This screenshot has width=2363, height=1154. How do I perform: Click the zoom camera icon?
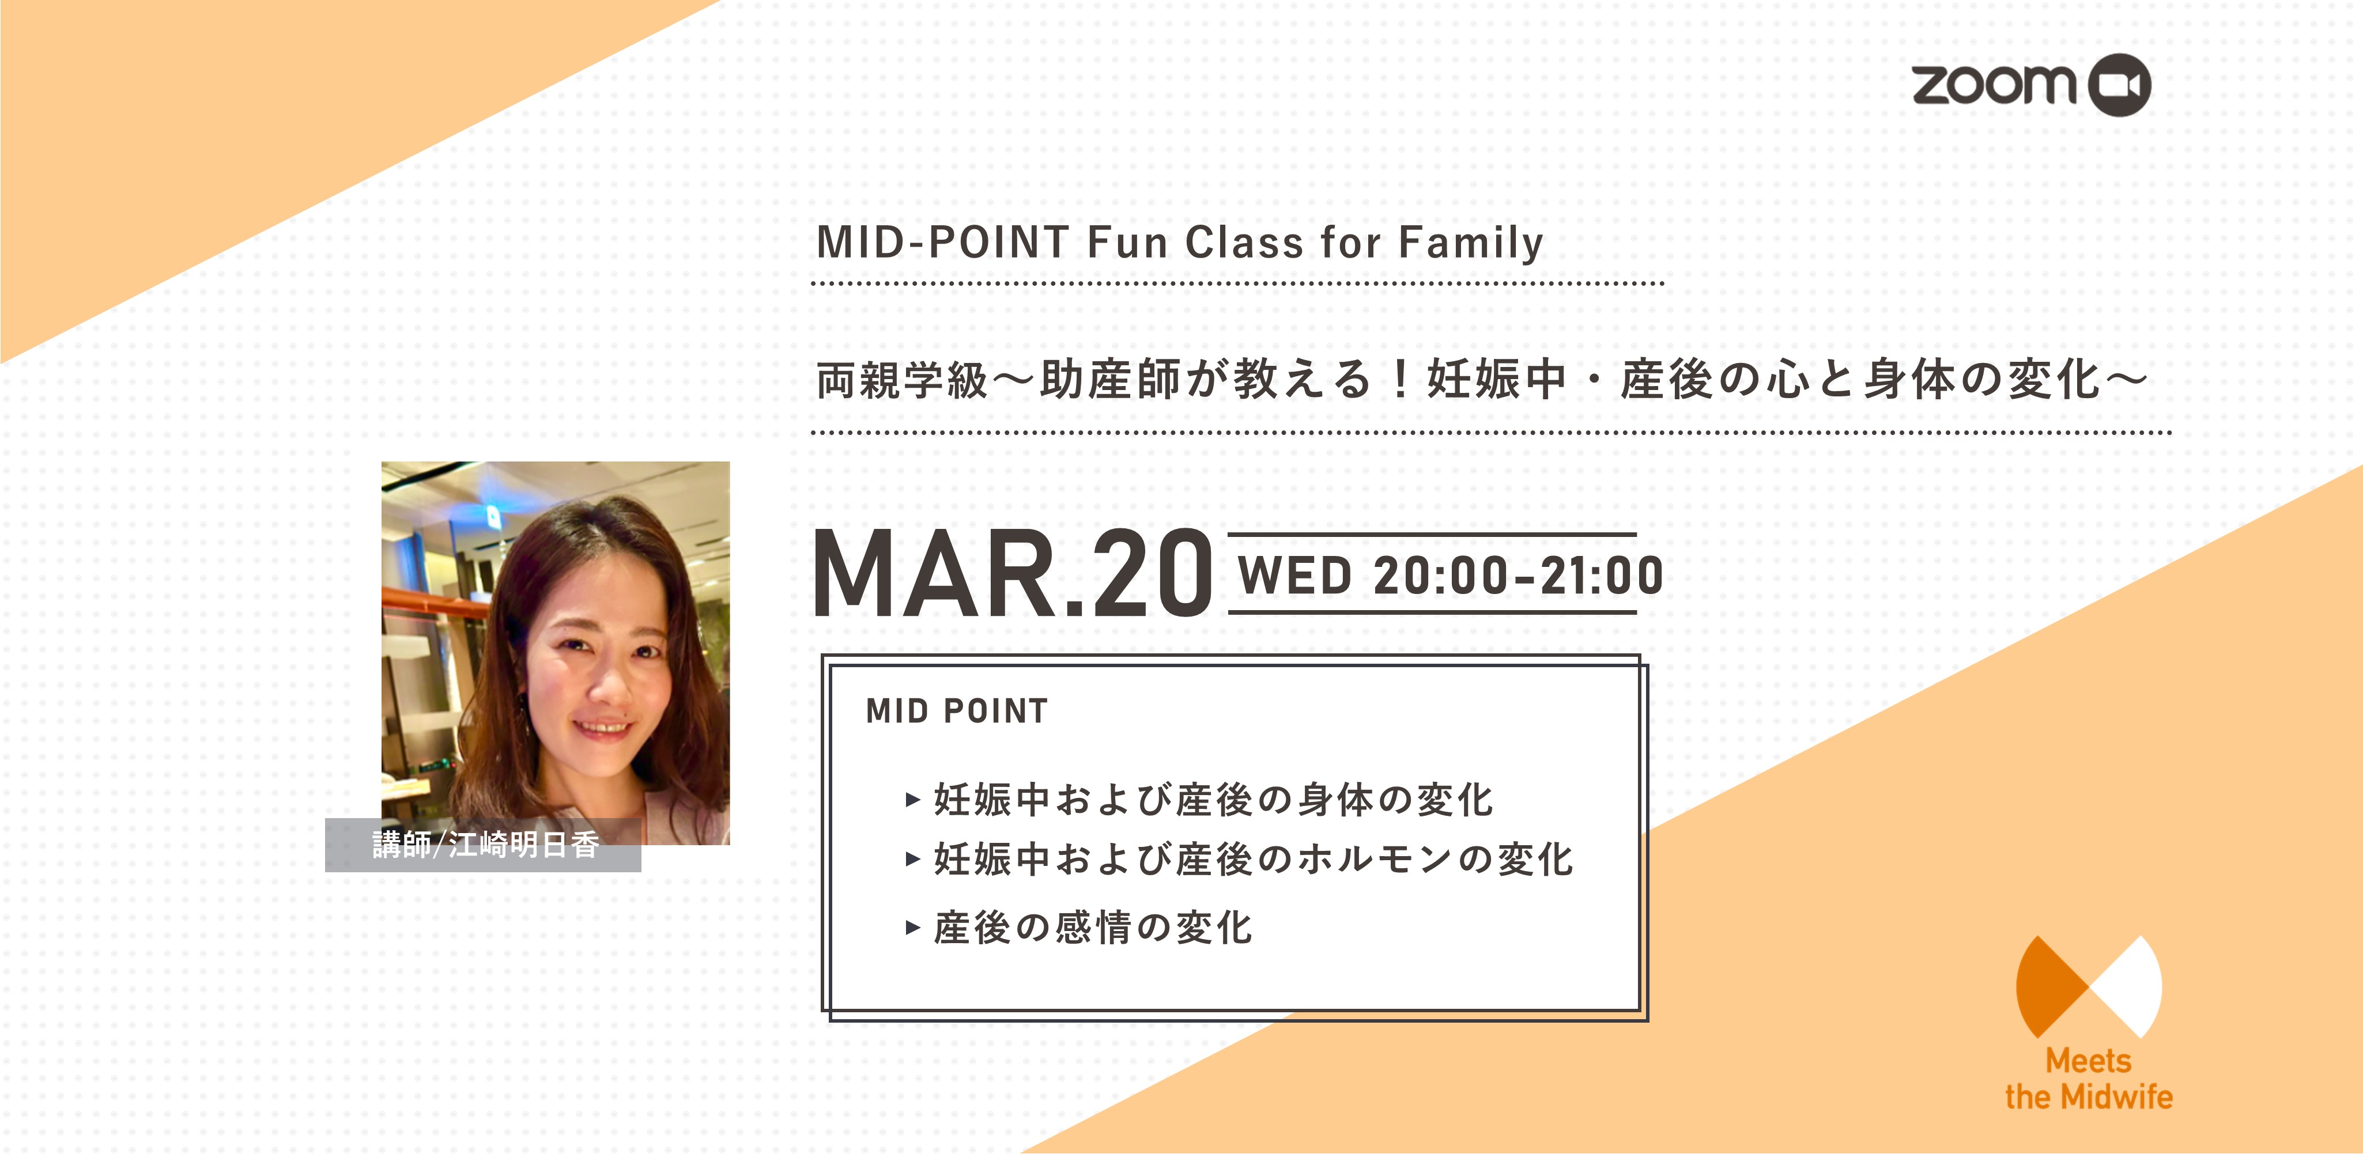pyautogui.click(x=2119, y=85)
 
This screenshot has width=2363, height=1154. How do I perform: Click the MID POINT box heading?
pyautogui.click(x=957, y=711)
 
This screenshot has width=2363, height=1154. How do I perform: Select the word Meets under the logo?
pyautogui.click(x=2089, y=1061)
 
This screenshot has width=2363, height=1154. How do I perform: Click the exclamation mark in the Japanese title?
pyautogui.click(x=1400, y=380)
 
